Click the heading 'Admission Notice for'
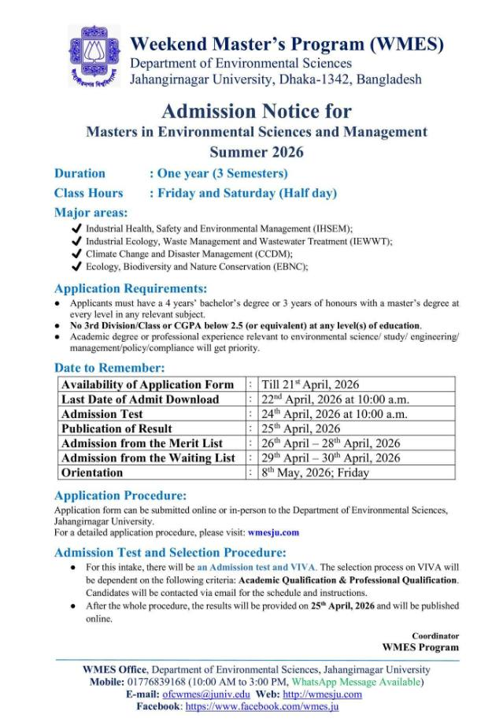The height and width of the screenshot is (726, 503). (x=257, y=110)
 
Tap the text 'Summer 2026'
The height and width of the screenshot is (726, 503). (x=257, y=151)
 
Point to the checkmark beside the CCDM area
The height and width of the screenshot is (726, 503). (x=76, y=254)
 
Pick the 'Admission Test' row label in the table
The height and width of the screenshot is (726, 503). (x=102, y=413)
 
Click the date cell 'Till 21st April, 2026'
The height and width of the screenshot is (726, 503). (x=310, y=384)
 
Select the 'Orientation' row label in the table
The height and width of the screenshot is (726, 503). (x=92, y=472)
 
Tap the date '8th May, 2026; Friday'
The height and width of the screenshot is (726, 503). (x=315, y=472)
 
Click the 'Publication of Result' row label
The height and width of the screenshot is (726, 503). (x=117, y=428)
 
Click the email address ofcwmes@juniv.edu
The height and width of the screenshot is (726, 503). (x=205, y=695)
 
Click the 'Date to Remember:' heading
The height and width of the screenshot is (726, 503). (x=109, y=368)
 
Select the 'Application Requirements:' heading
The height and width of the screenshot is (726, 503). (x=131, y=288)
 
